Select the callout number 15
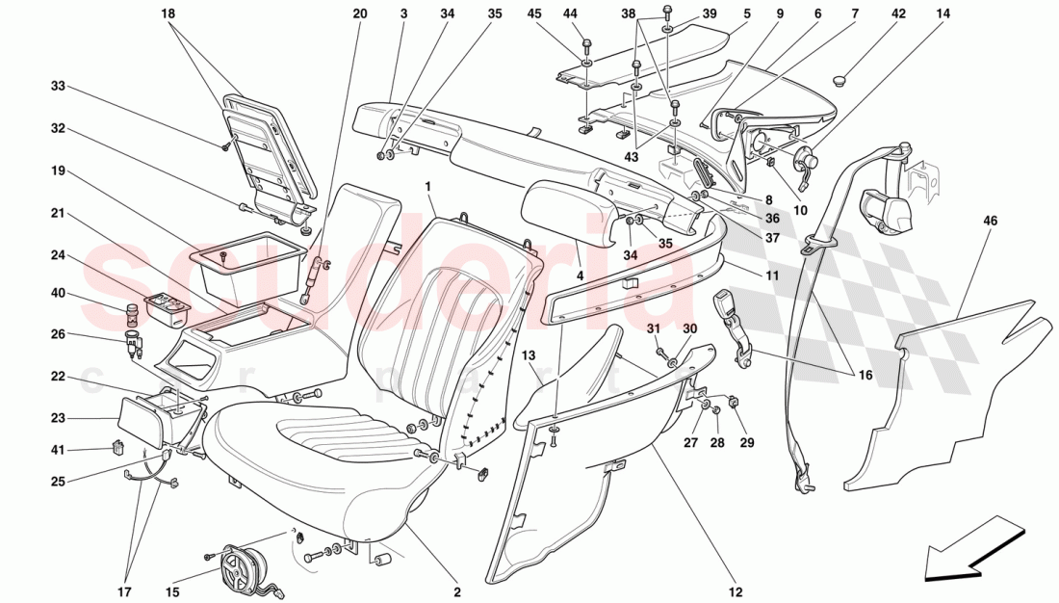coord(173,592)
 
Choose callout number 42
coord(898,14)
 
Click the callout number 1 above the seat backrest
coord(427,184)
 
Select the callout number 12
coord(736,592)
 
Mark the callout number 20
coord(360,14)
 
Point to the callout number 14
coord(943,14)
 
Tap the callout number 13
coord(528,356)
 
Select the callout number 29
coord(747,443)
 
